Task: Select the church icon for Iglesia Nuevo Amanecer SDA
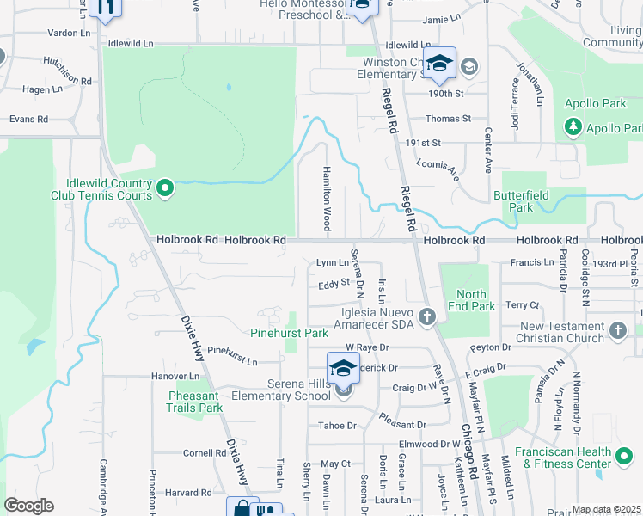[x=427, y=319]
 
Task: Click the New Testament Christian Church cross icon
[x=616, y=330]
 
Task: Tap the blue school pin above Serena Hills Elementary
[x=344, y=368]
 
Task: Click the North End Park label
[x=471, y=300]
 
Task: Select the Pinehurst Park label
[x=290, y=332]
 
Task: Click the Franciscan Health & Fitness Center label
[x=574, y=458]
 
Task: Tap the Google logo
[x=28, y=506]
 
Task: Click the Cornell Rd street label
[x=204, y=452]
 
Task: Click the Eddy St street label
[x=333, y=282]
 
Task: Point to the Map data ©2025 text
[x=607, y=509]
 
